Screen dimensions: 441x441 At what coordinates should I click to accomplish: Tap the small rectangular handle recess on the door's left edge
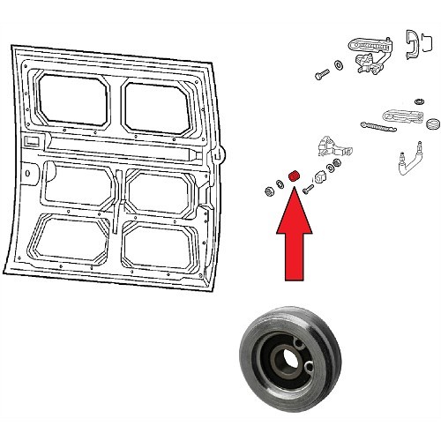coord(32,141)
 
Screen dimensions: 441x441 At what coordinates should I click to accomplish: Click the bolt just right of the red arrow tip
coord(306,188)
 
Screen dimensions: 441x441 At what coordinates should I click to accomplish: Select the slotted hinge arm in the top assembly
coord(369,43)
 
